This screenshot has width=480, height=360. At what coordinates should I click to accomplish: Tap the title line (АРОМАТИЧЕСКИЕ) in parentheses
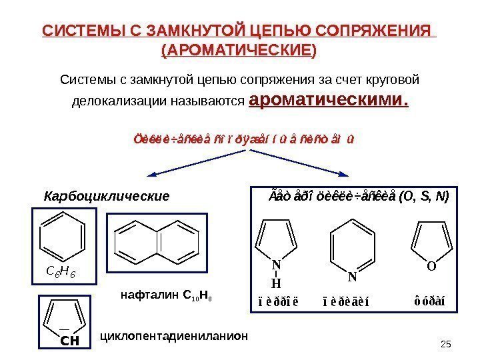pos(239,50)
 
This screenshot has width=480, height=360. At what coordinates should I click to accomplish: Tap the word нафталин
pos(142,293)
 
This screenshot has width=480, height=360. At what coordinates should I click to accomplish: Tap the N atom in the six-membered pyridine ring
pos(353,276)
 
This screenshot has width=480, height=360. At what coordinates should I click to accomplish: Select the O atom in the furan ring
pos(431,267)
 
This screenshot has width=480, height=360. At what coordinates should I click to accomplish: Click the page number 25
pos(447,343)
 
